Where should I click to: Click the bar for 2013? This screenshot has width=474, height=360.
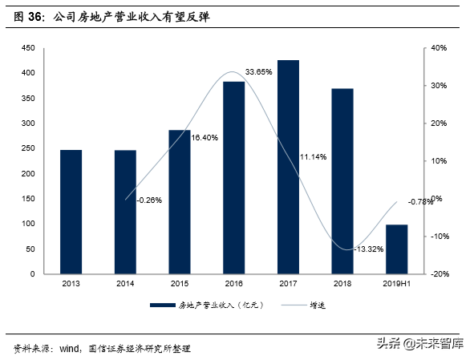71,212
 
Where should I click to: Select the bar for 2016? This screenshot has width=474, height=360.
233,177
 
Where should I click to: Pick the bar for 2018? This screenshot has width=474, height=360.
342,181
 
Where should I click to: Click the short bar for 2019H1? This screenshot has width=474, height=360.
397,249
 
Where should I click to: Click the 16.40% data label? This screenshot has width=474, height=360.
205,138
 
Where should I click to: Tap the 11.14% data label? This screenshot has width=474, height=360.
314,157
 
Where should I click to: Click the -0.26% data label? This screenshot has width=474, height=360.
149,200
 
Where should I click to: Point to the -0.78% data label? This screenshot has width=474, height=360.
421,201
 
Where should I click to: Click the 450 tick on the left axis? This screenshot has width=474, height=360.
28,48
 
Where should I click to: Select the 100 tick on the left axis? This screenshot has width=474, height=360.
28,224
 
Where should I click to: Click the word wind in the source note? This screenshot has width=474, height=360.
69,349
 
